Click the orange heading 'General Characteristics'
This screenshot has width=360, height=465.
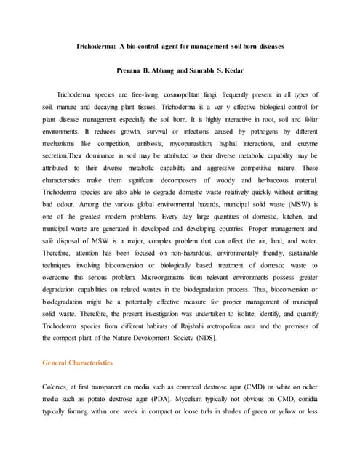[x=78, y=362]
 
